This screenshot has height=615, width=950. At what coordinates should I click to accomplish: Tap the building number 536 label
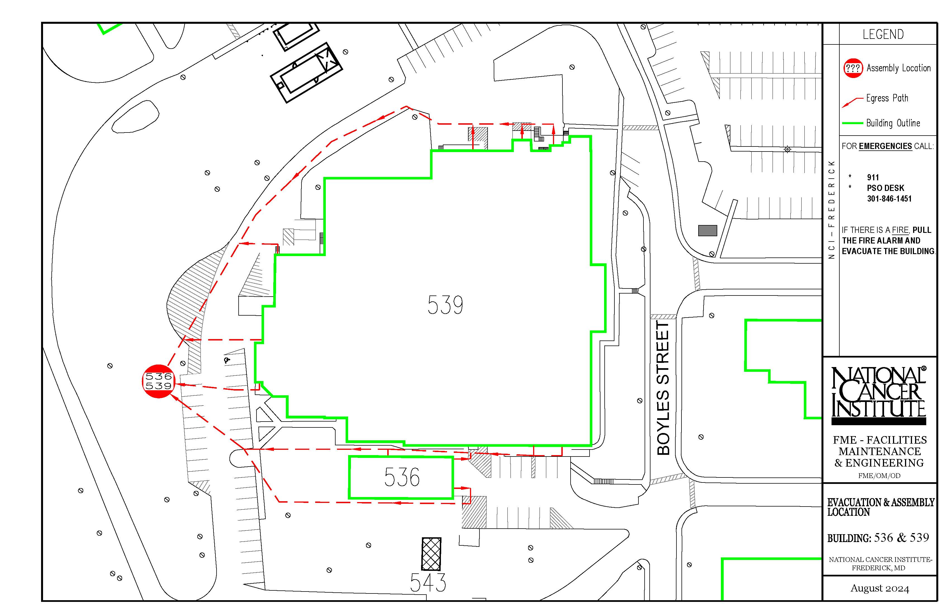(x=402, y=477)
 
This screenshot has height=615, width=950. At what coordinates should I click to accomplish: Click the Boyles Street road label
(x=663, y=388)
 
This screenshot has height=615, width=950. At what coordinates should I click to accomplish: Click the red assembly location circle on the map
(x=159, y=381)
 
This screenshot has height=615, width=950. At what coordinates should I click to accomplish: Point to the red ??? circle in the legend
(x=853, y=68)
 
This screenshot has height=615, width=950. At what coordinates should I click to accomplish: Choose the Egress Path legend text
(x=887, y=98)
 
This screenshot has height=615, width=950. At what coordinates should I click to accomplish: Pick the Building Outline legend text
(x=893, y=123)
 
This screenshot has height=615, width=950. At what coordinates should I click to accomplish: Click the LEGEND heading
(x=883, y=34)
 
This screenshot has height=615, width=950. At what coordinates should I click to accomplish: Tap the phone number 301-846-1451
(x=889, y=198)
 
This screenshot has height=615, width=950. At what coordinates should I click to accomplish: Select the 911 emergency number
(x=873, y=177)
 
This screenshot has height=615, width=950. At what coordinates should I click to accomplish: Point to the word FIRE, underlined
(x=900, y=230)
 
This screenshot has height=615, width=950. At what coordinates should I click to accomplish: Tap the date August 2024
(x=880, y=588)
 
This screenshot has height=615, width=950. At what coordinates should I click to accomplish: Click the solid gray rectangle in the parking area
(x=707, y=230)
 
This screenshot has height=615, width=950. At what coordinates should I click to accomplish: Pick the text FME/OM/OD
(x=879, y=476)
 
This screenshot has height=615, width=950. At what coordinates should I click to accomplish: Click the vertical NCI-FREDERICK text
(x=832, y=210)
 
